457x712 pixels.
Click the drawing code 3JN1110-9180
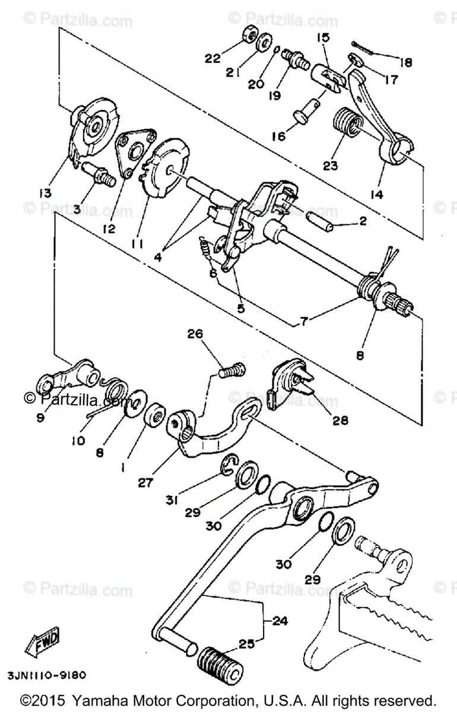point(47,676)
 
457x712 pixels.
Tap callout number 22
point(212,58)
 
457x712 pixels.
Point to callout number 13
point(46,193)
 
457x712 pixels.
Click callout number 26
point(196,334)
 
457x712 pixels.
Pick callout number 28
point(340,420)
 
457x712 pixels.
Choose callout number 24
point(280,621)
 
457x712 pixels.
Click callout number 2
point(363,221)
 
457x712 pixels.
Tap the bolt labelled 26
point(230,371)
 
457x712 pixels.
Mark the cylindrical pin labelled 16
point(307,111)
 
